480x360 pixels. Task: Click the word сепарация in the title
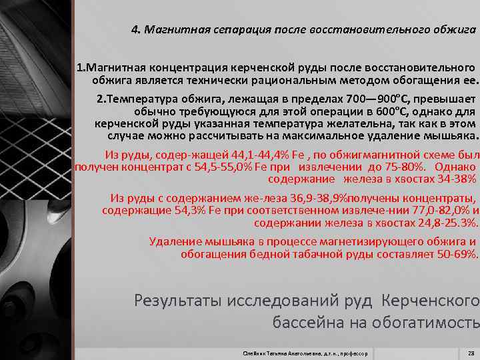pyautogui.click(x=218, y=30)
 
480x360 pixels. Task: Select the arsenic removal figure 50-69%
pyautogui.click(x=455, y=254)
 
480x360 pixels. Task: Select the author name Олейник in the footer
pyautogui.click(x=256, y=353)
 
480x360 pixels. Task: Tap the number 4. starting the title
pyautogui.click(x=136, y=30)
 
